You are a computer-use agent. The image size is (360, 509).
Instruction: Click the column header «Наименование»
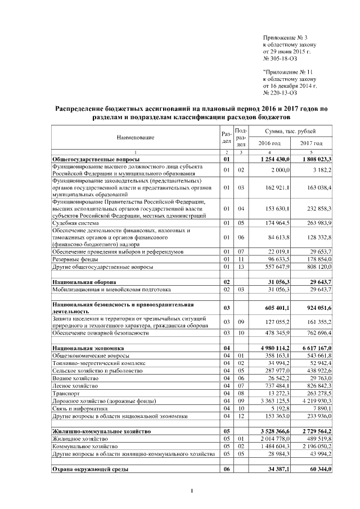tap(136, 137)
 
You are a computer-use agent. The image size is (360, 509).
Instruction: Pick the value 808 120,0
tap(315, 267)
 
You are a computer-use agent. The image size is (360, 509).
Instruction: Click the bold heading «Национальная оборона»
tap(84, 281)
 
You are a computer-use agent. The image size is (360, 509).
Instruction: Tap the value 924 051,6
tap(315, 308)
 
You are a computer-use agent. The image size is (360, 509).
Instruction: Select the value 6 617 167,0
tap(313, 349)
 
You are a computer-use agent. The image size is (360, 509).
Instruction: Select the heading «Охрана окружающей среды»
tap(89, 469)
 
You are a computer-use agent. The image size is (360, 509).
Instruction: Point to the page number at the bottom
tap(192, 493)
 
